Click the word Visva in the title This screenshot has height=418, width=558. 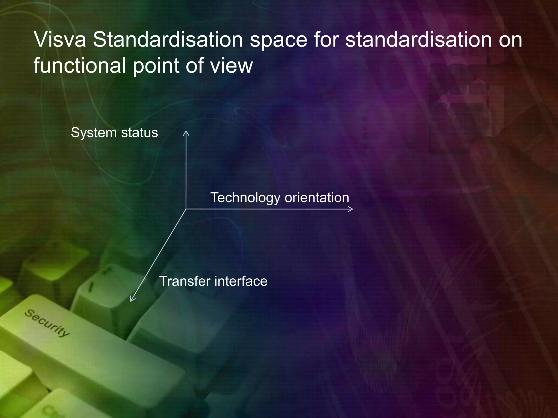click(60, 40)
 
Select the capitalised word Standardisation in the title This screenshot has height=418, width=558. click(168, 40)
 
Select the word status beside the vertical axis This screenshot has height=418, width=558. click(139, 133)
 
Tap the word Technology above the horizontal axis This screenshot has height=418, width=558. click(245, 198)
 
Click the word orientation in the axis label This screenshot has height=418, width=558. click(317, 197)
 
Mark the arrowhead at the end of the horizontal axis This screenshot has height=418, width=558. click(351, 209)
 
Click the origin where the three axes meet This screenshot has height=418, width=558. click(186, 209)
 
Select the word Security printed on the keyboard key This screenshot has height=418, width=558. click(47, 323)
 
